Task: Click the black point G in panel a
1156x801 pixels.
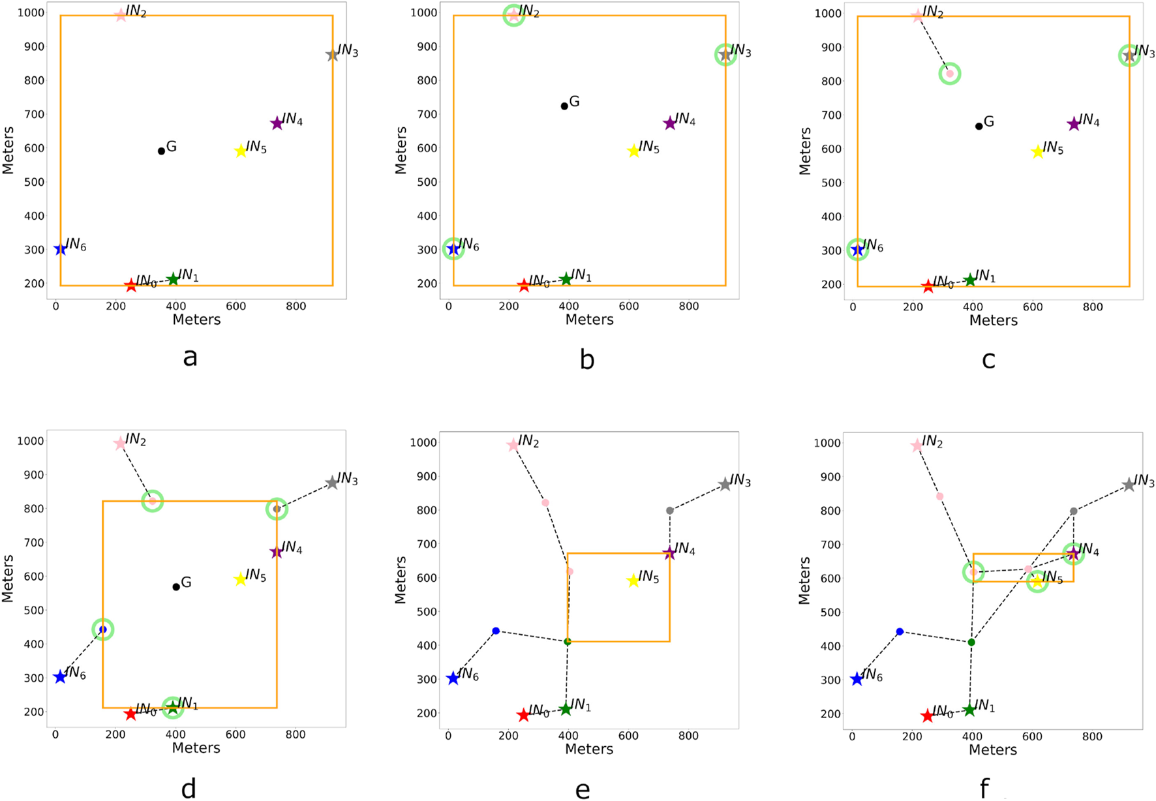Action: (x=161, y=151)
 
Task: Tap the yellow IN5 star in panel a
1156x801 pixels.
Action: (x=240, y=151)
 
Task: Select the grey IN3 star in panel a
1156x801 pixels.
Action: (x=332, y=55)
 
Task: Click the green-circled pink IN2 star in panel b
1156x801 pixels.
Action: (x=513, y=15)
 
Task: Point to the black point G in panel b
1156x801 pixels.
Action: (x=564, y=106)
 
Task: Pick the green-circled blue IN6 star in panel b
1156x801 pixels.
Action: (x=453, y=249)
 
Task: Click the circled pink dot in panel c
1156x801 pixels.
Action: (x=950, y=74)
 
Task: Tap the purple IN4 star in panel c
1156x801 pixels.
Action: (x=1074, y=124)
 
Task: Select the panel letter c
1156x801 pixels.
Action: (x=988, y=359)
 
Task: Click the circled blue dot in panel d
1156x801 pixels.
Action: (x=102, y=629)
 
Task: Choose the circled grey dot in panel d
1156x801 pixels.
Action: (x=277, y=509)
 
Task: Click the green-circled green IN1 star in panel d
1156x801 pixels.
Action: (x=173, y=707)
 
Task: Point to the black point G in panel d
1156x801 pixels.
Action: (x=176, y=587)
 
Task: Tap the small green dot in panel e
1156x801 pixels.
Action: (x=568, y=642)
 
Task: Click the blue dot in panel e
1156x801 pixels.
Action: (x=496, y=631)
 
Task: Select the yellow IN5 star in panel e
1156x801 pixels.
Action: (x=633, y=581)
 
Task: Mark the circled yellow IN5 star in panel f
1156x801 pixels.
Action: (x=1037, y=581)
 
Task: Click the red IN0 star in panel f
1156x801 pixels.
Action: (x=927, y=716)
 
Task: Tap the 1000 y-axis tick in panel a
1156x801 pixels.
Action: (x=31, y=13)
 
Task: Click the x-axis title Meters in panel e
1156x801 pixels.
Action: (x=589, y=749)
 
